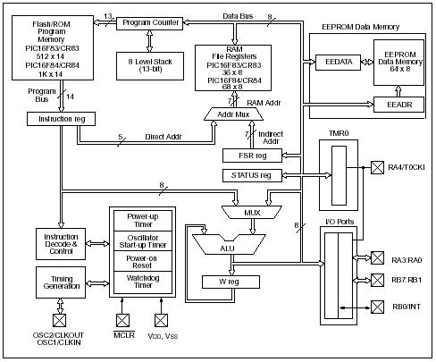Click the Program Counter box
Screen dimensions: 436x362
point(149,23)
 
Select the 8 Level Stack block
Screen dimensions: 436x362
point(150,66)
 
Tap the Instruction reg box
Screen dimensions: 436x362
point(61,119)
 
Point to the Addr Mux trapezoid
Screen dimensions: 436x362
point(233,114)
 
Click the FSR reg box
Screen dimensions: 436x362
point(252,156)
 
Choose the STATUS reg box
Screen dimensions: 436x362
point(252,175)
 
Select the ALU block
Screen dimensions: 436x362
point(229,244)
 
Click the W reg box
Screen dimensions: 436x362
point(231,282)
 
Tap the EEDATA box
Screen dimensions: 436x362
point(338,63)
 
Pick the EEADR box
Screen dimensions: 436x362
point(398,105)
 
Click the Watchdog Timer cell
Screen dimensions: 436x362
point(143,282)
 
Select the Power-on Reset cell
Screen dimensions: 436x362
point(143,261)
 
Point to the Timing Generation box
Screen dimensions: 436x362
point(61,282)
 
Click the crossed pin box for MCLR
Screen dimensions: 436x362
point(122,321)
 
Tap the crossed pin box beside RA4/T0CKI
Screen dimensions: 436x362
point(377,167)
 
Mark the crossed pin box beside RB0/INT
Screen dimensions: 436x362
point(377,307)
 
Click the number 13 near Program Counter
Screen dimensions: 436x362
point(108,16)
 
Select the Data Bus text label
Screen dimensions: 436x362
point(238,16)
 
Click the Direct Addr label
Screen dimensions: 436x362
point(163,137)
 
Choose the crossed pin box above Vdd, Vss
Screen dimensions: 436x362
point(161,321)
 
